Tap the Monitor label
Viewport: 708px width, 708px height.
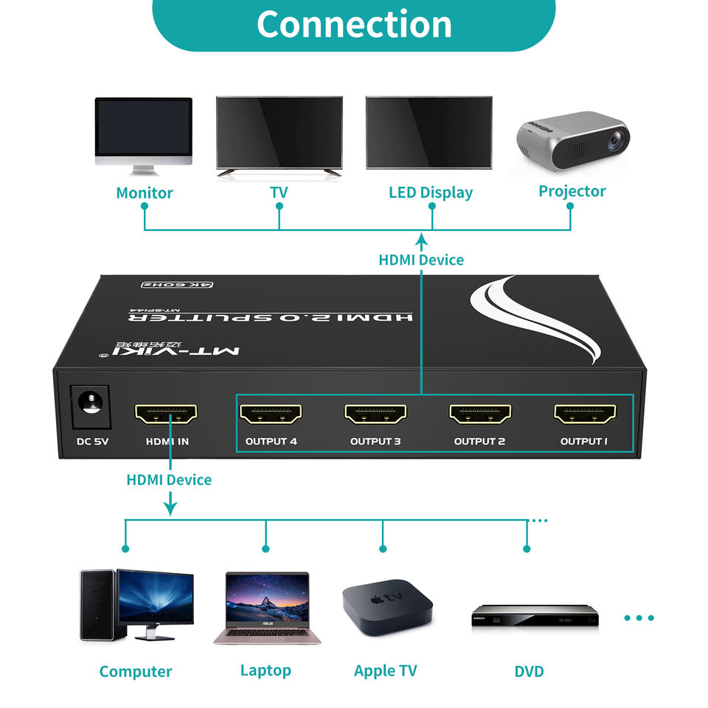[x=145, y=193]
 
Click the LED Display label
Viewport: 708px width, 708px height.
[x=431, y=193]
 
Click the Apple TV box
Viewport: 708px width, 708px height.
[x=387, y=604]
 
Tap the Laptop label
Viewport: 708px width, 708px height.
[x=265, y=670]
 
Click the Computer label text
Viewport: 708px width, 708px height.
[x=136, y=672]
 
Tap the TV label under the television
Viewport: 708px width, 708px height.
[x=279, y=193]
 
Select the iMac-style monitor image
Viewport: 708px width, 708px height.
[x=144, y=136]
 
